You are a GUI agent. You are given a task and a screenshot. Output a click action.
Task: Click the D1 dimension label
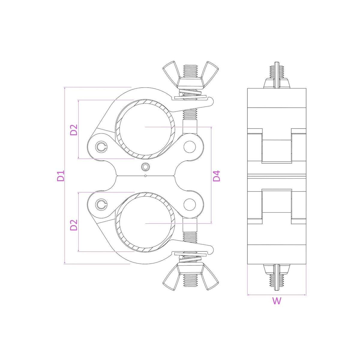pyautogui.click(x=61, y=176)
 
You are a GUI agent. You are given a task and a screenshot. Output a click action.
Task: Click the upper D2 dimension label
pyautogui.click(x=74, y=130)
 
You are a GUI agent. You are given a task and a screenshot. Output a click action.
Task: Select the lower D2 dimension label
pyautogui.click(x=74, y=225)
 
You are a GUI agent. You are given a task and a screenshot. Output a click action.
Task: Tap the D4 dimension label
pyautogui.click(x=217, y=176)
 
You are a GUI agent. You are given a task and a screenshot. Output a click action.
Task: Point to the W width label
pyautogui.click(x=277, y=301)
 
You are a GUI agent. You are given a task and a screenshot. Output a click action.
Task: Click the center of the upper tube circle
pyautogui.click(x=145, y=127)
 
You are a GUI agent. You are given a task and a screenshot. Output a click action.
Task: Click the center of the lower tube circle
pyautogui.click(x=145, y=223)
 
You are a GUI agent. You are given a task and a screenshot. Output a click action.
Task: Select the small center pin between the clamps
pyautogui.click(x=146, y=166)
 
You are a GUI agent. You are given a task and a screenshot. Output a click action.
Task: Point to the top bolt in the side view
pyautogui.click(x=277, y=75)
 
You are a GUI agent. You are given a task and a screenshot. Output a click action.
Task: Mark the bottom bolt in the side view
pyautogui.click(x=277, y=277)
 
